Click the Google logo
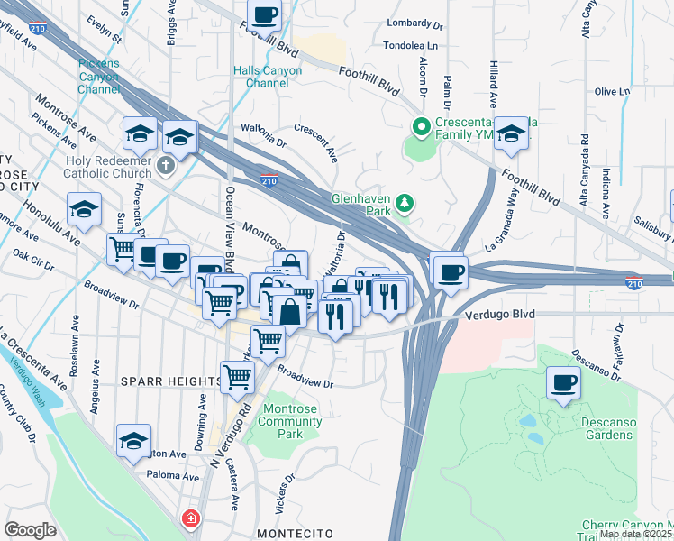pos(30,530)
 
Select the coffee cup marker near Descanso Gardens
pos(564,383)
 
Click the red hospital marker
pos(190,519)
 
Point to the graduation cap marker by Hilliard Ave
pos(511,134)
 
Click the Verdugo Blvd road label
pos(500,315)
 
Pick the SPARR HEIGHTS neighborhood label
pos(171,382)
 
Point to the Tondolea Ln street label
pos(411,44)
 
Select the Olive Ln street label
pos(612,92)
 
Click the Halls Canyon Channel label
pos(261,77)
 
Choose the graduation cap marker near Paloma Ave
pos(133,441)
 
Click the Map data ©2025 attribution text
pos(635,534)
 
